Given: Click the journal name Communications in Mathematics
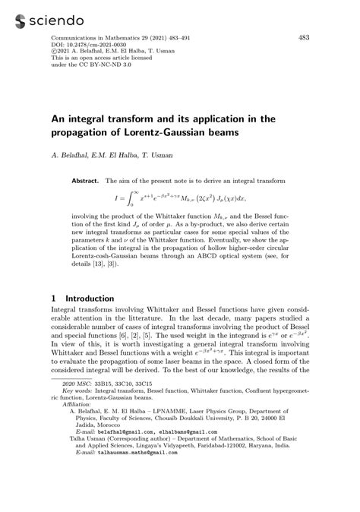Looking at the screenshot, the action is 99,37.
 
